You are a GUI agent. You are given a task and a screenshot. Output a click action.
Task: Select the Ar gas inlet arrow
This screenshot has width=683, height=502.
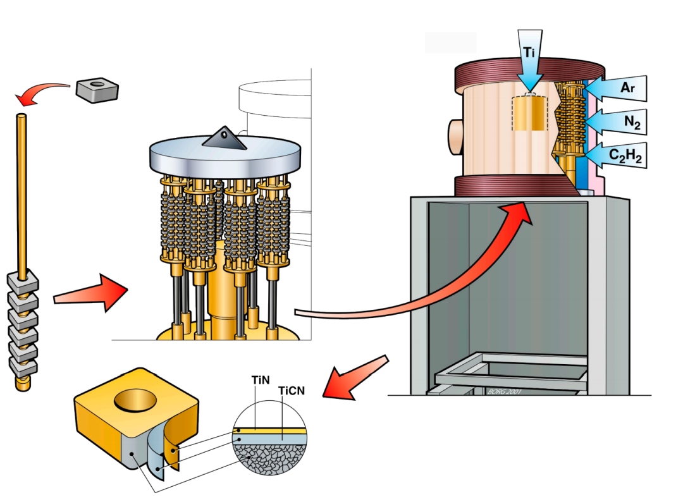click(620, 89)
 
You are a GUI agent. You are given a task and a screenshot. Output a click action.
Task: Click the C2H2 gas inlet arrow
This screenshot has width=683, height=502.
click(617, 155)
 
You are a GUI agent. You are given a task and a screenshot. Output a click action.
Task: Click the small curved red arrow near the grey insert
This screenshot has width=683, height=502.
click(41, 94)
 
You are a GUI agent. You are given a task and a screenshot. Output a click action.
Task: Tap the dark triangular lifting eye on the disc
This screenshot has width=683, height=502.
click(226, 138)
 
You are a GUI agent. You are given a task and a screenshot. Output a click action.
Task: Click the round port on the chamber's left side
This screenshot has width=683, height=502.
click(455, 135)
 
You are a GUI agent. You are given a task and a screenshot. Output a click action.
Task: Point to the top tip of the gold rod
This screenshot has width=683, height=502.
click(22, 116)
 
